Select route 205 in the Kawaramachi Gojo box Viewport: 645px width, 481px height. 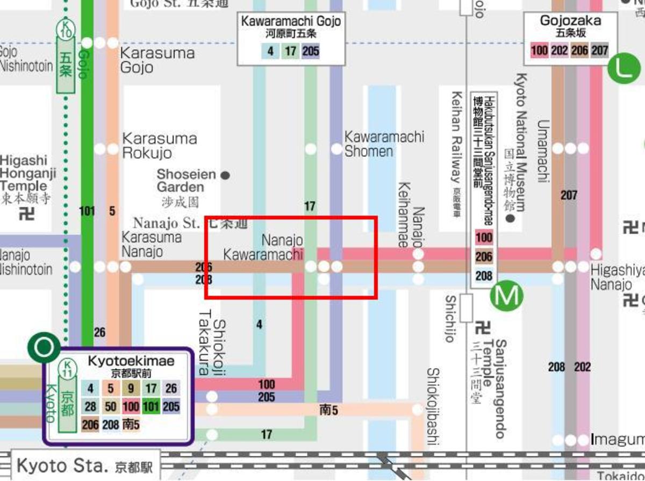[x=311, y=51]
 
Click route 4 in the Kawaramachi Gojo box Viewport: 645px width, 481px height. [x=271, y=51]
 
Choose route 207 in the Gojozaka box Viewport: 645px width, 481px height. [x=599, y=51]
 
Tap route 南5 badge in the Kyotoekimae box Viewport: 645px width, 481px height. [x=131, y=425]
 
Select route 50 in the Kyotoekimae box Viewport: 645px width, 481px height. [x=111, y=406]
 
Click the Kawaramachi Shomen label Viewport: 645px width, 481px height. [x=384, y=144]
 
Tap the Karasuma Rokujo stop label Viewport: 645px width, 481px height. [x=160, y=146]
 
